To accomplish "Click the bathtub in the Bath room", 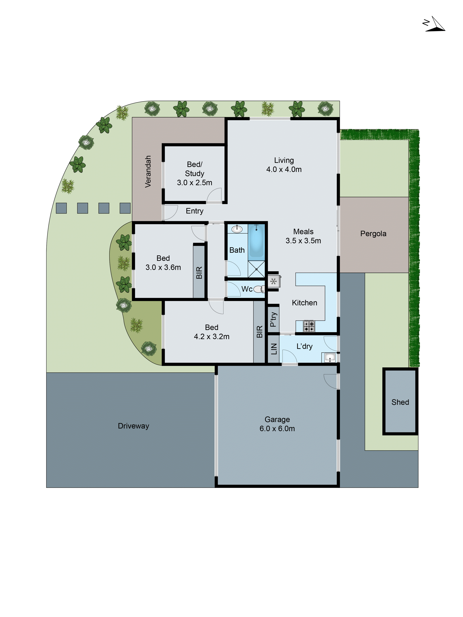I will [256, 240].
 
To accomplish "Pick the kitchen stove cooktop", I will [309, 326].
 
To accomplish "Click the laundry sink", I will [330, 357].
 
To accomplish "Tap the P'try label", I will [273, 319].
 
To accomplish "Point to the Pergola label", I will [373, 234].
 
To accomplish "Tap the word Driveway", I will [133, 426].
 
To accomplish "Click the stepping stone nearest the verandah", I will [125, 208].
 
